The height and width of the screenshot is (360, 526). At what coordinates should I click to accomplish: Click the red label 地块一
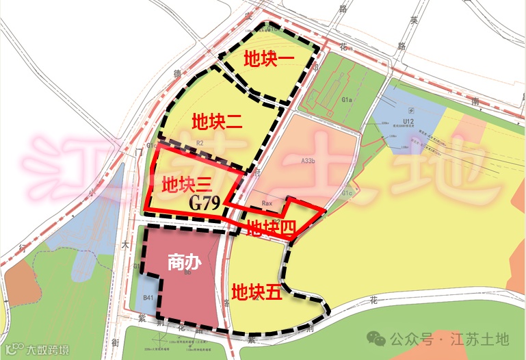click(269, 60)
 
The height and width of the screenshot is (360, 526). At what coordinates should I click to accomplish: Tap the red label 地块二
click(217, 123)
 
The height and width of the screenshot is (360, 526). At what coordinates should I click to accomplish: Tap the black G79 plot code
click(204, 203)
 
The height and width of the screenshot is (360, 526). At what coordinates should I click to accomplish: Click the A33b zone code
click(308, 161)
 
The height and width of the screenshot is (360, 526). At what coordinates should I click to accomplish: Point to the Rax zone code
click(267, 204)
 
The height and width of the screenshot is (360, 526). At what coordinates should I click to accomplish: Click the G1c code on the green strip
click(347, 194)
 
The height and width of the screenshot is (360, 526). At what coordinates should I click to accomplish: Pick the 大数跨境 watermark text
click(48, 350)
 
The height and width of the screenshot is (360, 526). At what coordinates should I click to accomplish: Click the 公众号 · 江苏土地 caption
click(450, 338)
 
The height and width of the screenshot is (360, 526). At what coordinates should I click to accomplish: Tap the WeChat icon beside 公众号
click(376, 338)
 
